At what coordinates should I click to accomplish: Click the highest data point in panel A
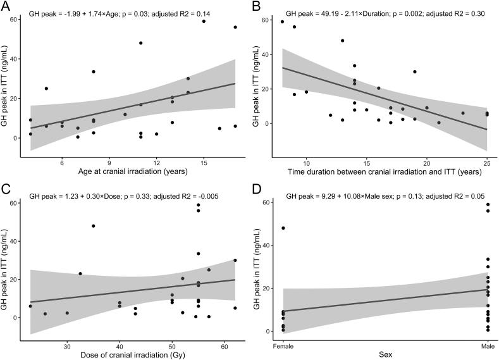[x=204, y=22]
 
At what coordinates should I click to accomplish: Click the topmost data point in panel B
[x=282, y=22]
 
